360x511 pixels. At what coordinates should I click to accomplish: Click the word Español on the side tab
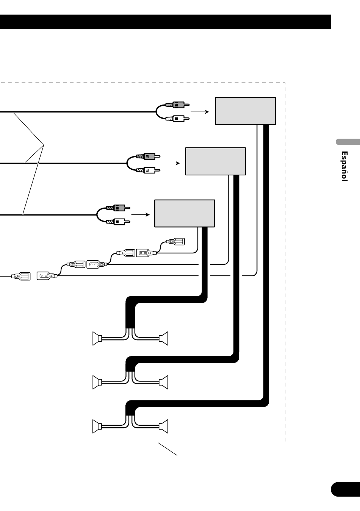pos(344,166)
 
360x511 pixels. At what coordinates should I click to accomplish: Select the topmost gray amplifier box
pos(246,111)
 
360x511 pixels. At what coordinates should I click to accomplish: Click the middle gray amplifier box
pos(216,161)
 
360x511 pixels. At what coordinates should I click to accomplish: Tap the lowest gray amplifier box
pos(185,213)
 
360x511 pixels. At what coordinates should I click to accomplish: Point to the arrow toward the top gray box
pos(200,112)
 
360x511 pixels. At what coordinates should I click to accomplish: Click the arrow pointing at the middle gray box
pos(171,163)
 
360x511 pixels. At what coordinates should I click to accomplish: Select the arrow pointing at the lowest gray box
pos(140,214)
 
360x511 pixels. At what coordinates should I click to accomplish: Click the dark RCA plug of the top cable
pos(177,105)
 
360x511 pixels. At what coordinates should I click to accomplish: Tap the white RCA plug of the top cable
pos(177,119)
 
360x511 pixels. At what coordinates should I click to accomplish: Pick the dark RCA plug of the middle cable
pos(148,156)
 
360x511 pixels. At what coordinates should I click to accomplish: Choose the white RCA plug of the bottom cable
pos(118,222)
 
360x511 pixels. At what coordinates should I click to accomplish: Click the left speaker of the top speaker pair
pos(97,339)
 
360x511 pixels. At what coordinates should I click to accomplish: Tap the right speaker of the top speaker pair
pos(163,339)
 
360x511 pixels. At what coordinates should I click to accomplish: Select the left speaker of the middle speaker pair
pos(97,382)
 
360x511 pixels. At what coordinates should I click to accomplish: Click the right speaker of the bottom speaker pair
pos(163,427)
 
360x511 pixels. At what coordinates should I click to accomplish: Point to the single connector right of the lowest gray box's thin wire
pos(175,241)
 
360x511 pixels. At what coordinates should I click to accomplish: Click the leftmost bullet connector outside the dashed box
pos(21,276)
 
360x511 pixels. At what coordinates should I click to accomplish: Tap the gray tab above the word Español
pos(347,142)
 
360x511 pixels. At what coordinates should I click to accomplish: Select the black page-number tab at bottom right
pos(345,489)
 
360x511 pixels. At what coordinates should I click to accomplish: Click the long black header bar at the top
pos(165,22)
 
